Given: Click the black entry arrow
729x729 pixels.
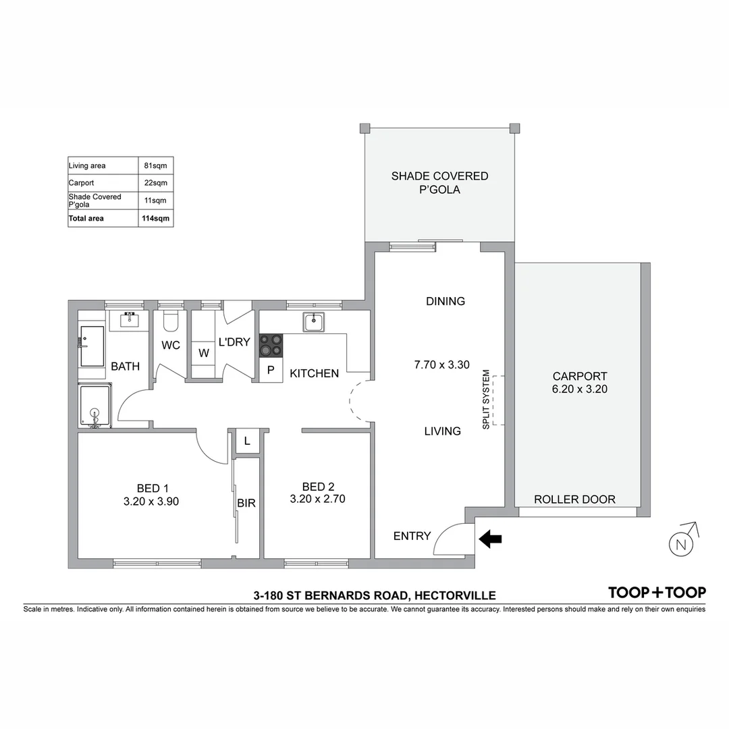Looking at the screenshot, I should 491,538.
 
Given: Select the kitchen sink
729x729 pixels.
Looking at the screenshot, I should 314,323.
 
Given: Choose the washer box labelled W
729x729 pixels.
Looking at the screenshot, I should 203,352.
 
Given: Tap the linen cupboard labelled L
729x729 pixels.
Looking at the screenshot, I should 247,441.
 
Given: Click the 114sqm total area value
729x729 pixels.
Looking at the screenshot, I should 157,218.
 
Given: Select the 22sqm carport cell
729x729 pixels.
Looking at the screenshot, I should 157,183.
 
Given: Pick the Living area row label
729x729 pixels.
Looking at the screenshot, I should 87,165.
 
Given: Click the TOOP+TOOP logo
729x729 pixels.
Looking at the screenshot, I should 657,593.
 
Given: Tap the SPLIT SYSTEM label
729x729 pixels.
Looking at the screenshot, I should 485,400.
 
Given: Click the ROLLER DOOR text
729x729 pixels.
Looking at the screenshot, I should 574,500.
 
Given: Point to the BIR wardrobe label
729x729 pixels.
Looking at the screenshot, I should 246,503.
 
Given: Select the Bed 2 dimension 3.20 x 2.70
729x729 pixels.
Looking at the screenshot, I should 317,500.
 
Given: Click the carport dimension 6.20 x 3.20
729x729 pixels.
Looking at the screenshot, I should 580,389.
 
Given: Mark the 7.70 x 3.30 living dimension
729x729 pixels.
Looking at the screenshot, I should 441,364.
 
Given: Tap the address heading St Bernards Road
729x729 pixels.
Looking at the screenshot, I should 374,595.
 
